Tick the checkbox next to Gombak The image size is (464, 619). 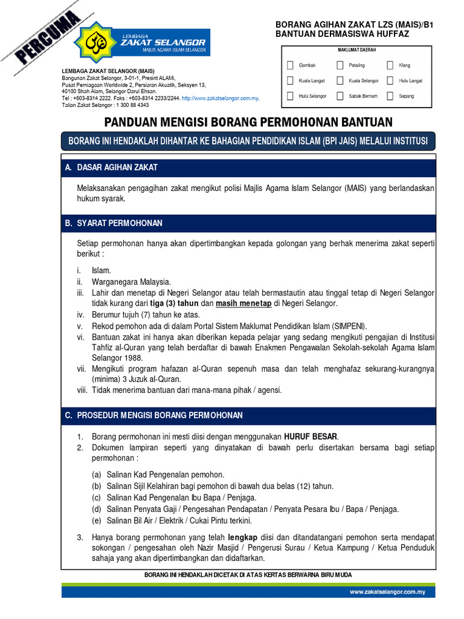[x=291, y=65]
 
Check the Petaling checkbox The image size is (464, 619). [x=340, y=65]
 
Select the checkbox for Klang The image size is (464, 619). [x=390, y=65]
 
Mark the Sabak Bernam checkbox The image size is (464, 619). [x=340, y=96]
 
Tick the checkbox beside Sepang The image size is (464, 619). [x=390, y=96]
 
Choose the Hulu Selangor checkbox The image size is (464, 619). [x=291, y=96]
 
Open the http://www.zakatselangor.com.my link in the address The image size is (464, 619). [x=220, y=98]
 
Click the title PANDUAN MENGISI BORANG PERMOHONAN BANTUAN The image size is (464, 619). [x=248, y=122]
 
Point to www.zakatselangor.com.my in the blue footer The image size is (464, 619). [x=387, y=592]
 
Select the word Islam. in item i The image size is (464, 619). [x=101, y=270]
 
